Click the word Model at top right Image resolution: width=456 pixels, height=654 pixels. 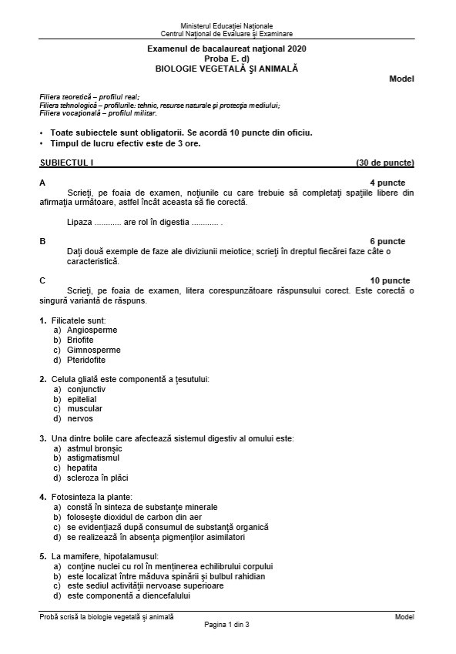pyautogui.click(x=401, y=79)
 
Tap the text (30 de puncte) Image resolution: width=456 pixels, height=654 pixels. pyautogui.click(x=384, y=163)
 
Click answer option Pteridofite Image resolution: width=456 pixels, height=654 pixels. pyautogui.click(x=86, y=360)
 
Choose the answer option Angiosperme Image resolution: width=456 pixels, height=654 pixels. pyautogui.click(x=92, y=330)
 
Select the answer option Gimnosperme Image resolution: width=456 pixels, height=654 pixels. pyautogui.click(x=93, y=350)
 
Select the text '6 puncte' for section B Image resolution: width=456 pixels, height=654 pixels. pyautogui.click(x=387, y=242)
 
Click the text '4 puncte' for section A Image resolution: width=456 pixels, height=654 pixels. pyautogui.click(x=387, y=183)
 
